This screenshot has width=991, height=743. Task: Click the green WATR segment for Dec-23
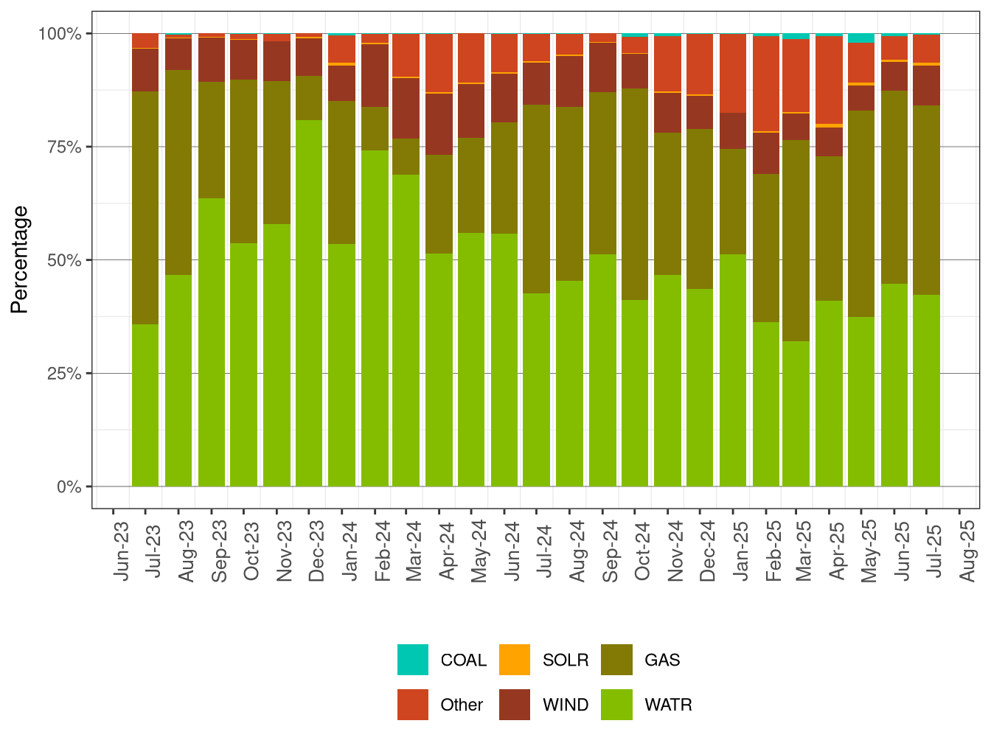tap(309, 302)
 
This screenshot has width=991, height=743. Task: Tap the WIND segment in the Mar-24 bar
tap(406, 108)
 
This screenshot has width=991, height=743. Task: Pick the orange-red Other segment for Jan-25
tap(733, 73)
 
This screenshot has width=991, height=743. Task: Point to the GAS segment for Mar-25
tap(796, 240)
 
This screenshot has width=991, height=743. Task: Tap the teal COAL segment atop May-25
tap(861, 38)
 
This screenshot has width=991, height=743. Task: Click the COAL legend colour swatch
tap(413, 660)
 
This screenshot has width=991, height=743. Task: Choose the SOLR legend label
tap(566, 660)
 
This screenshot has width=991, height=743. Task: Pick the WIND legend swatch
tap(515, 705)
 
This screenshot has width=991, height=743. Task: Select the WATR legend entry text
tap(668, 705)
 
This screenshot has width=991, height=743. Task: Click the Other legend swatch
tap(413, 705)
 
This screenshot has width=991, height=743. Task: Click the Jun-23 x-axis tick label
tap(121, 551)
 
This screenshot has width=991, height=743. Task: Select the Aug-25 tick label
tap(967, 551)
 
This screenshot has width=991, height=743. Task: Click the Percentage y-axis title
tap(20, 259)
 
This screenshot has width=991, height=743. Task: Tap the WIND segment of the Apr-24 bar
tap(439, 124)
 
